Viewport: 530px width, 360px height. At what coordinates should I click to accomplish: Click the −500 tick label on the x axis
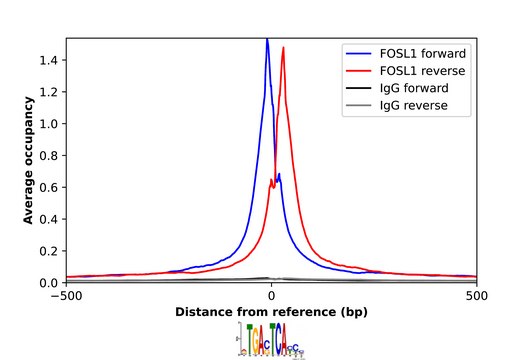click(66, 296)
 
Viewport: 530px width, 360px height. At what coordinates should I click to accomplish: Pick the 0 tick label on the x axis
click(271, 296)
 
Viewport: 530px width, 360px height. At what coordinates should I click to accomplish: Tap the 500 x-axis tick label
click(477, 296)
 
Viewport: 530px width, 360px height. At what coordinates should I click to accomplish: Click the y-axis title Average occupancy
click(31, 160)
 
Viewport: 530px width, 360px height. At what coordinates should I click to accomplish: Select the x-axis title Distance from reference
click(271, 312)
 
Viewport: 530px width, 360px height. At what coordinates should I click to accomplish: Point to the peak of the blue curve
click(267, 40)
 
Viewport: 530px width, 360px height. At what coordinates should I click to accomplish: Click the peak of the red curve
click(284, 48)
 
